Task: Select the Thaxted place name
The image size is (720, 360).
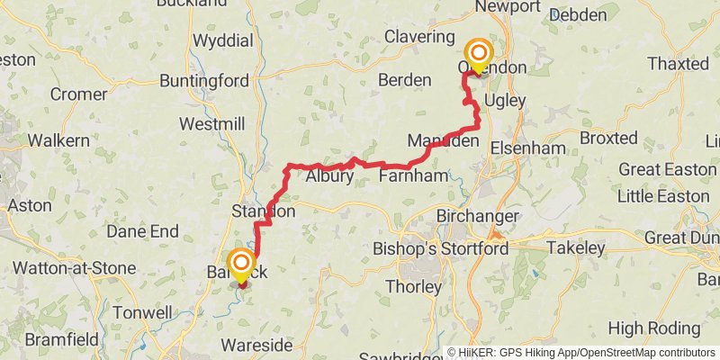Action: [x=679, y=64]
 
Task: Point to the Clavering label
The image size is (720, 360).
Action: [x=419, y=37]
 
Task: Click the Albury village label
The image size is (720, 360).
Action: [x=329, y=176]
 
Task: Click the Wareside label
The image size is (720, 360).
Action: [x=256, y=346]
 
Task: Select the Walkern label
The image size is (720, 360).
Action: [x=58, y=140]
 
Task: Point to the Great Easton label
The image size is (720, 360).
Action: [x=668, y=170]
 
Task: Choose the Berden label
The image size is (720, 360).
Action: [x=406, y=80]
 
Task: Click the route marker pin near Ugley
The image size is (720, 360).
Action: [x=476, y=55]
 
